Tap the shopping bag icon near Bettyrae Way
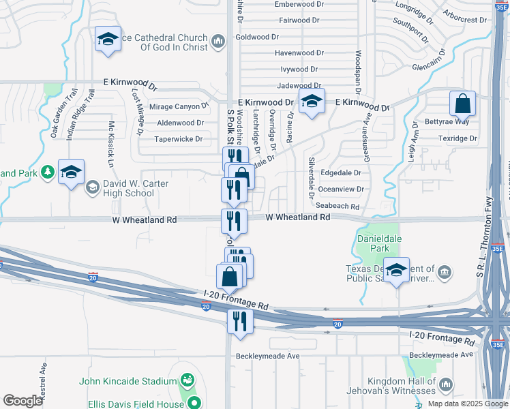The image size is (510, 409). [462, 104]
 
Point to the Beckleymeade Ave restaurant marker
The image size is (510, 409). [239, 321]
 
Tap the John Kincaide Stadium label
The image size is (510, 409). [122, 381]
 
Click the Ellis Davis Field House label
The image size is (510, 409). [136, 404]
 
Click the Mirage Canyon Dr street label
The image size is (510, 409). [179, 106]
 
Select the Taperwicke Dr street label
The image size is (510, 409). [179, 138]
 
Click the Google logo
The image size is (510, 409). [22, 401]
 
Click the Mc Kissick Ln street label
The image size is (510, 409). [110, 144]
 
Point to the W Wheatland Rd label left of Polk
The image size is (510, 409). [145, 219]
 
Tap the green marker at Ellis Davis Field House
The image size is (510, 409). [194, 403]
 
